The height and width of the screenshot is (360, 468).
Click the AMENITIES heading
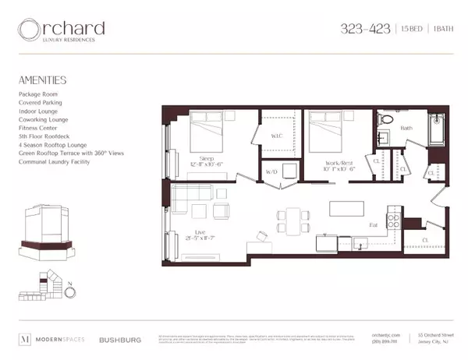(x=41, y=79)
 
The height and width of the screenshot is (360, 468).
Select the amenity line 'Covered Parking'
(x=40, y=102)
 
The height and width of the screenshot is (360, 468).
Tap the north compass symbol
(x=70, y=291)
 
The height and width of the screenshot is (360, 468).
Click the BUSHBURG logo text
(x=119, y=339)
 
